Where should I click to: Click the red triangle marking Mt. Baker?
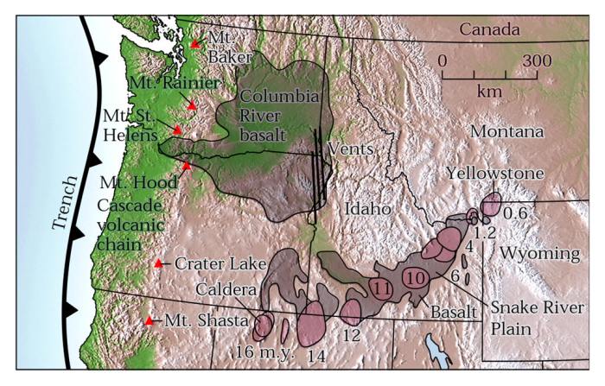click(195, 43)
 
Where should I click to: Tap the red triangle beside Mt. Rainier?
click(192, 105)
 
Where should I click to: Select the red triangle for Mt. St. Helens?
click(177, 130)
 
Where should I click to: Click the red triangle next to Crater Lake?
click(158, 264)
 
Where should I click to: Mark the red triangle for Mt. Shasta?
click(149, 321)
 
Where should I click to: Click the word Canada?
click(488, 29)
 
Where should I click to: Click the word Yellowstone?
click(495, 174)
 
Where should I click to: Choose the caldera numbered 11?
click(381, 287)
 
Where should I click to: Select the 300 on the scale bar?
click(536, 61)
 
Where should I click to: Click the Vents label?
click(350, 149)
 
